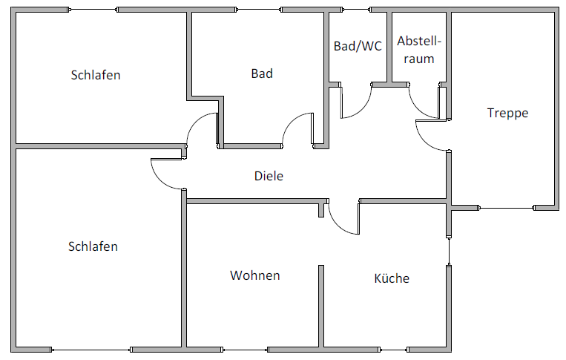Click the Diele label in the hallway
click(x=269, y=177)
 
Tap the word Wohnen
click(x=255, y=275)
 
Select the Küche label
click(x=392, y=278)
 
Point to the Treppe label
click(x=507, y=113)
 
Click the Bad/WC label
click(x=358, y=46)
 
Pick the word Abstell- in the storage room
click(x=419, y=42)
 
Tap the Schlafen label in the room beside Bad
click(x=96, y=75)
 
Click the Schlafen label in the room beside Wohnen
click(x=93, y=246)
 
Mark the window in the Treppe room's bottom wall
click(x=506, y=208)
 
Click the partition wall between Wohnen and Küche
click(x=321, y=304)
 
